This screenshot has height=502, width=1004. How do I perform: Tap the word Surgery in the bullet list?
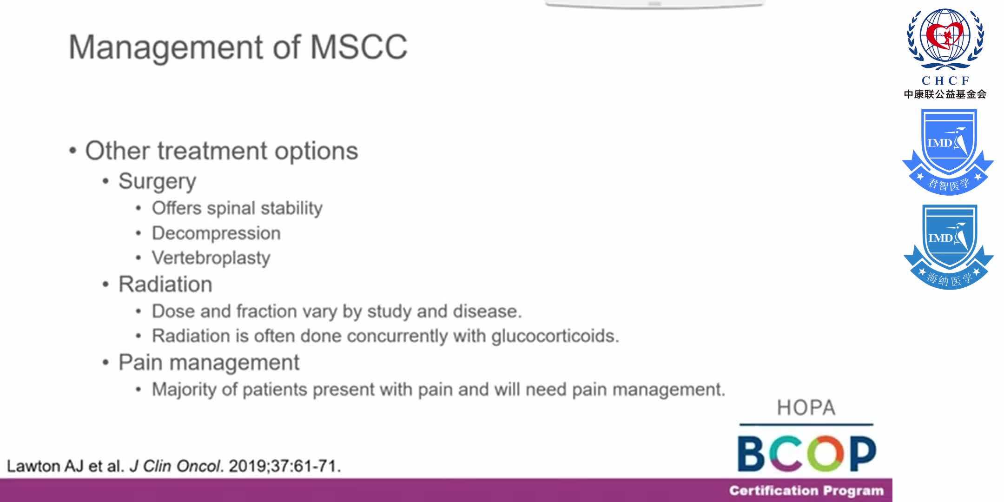pyautogui.click(x=157, y=181)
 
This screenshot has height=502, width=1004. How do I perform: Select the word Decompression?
pyautogui.click(x=216, y=233)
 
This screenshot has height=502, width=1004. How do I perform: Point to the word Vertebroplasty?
pyautogui.click(x=211, y=258)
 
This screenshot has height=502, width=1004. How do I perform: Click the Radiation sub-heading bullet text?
pyautogui.click(x=165, y=284)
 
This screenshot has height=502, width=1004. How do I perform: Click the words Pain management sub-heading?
pyautogui.click(x=209, y=363)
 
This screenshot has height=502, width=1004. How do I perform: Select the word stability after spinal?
pyautogui.click(x=291, y=208)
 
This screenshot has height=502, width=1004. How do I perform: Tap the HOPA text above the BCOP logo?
pyautogui.click(x=806, y=408)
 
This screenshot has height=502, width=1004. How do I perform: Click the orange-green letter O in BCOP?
pyautogui.click(x=826, y=453)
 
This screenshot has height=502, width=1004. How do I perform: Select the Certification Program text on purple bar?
pyautogui.click(x=806, y=491)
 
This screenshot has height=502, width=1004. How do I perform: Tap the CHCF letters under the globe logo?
pyautogui.click(x=945, y=80)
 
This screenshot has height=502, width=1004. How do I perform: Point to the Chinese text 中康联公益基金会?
pyautogui.click(x=945, y=94)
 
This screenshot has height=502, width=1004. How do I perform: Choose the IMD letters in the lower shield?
pyautogui.click(x=940, y=238)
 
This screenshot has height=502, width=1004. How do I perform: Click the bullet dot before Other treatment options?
pyautogui.click(x=73, y=151)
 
